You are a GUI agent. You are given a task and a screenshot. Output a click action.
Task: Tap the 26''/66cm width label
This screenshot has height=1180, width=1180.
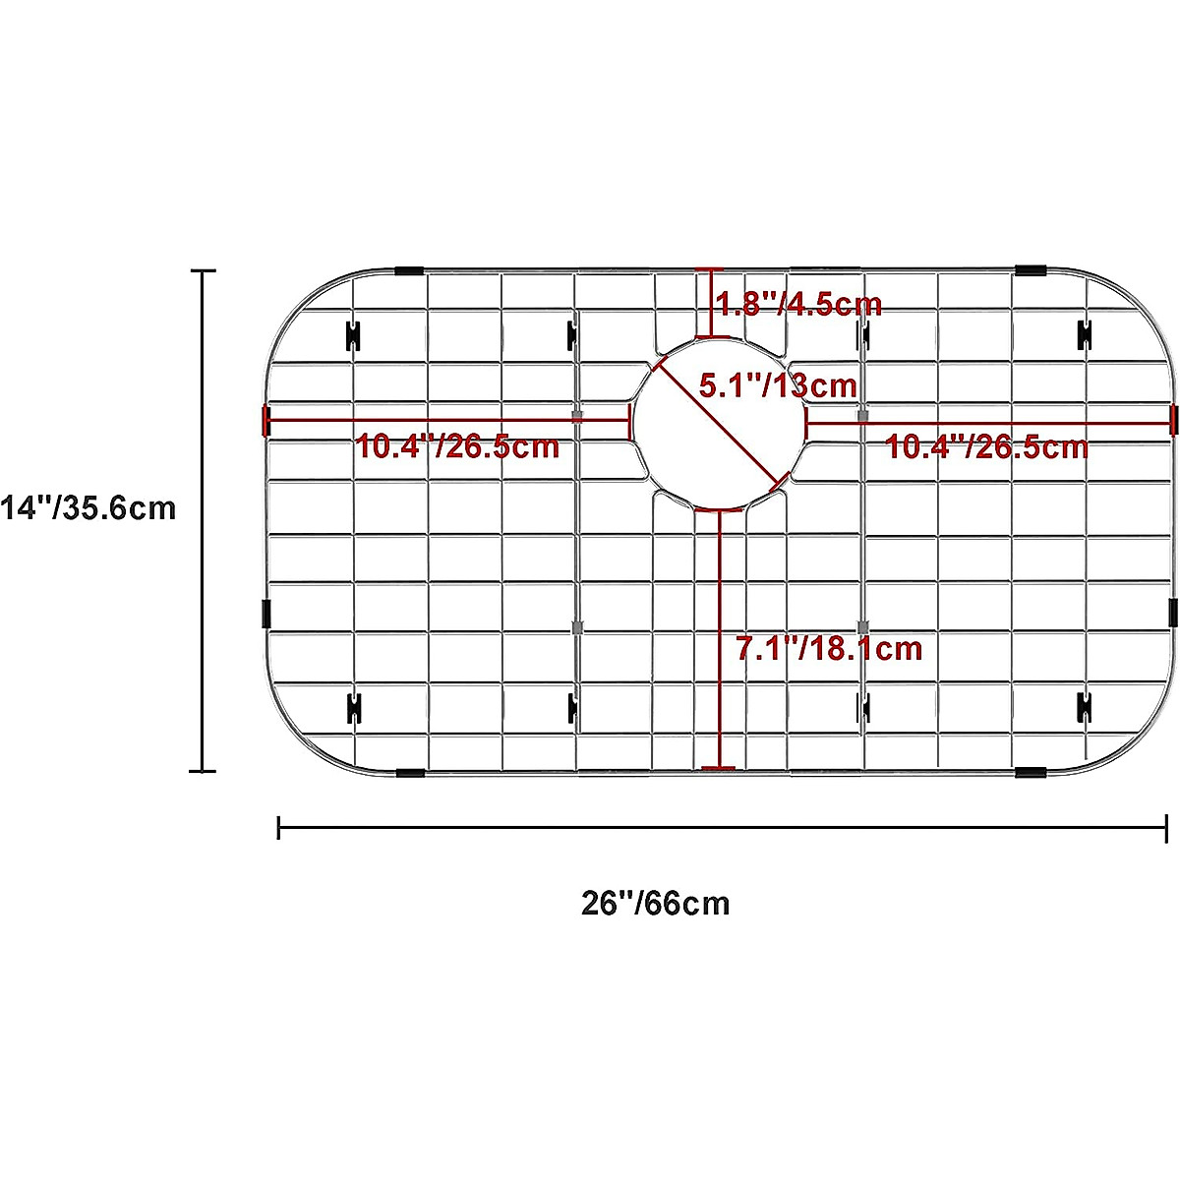click(655, 903)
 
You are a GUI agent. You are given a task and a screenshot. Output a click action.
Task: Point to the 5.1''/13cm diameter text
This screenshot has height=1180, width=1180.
click(778, 384)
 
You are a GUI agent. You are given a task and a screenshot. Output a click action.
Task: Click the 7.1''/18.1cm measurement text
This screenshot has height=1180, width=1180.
click(829, 648)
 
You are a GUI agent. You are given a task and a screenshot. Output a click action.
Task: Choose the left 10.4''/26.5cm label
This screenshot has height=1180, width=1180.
click(457, 446)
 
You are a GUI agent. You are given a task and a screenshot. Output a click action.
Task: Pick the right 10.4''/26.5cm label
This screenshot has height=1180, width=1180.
click(987, 446)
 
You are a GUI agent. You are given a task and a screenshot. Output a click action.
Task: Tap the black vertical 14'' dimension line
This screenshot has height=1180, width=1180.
click(203, 521)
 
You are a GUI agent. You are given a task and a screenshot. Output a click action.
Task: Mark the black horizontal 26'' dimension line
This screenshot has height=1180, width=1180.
click(723, 827)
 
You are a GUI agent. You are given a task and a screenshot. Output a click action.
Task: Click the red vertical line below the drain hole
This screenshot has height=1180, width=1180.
click(720, 639)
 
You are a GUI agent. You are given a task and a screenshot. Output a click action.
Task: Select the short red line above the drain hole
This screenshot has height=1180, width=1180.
click(710, 304)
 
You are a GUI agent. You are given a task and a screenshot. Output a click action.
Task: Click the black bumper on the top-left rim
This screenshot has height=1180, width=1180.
click(409, 270)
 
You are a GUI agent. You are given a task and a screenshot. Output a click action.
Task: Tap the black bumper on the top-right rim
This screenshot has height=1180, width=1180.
click(1031, 270)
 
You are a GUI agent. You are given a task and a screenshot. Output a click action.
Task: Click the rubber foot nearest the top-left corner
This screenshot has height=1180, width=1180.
click(352, 335)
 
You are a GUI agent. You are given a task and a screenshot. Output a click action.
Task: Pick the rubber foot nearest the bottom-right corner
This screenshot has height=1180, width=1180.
click(1086, 706)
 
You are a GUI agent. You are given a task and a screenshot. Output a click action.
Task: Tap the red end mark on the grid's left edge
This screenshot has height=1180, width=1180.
click(265, 420)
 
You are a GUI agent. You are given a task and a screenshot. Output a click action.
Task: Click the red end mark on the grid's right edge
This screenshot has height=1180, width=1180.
click(1173, 420)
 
